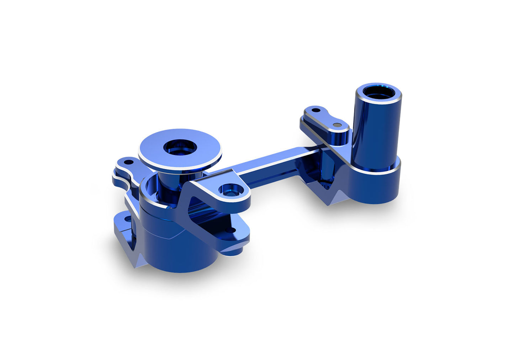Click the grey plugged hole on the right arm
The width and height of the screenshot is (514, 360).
pos(337,125)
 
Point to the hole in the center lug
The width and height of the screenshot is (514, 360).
pos(228,189)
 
